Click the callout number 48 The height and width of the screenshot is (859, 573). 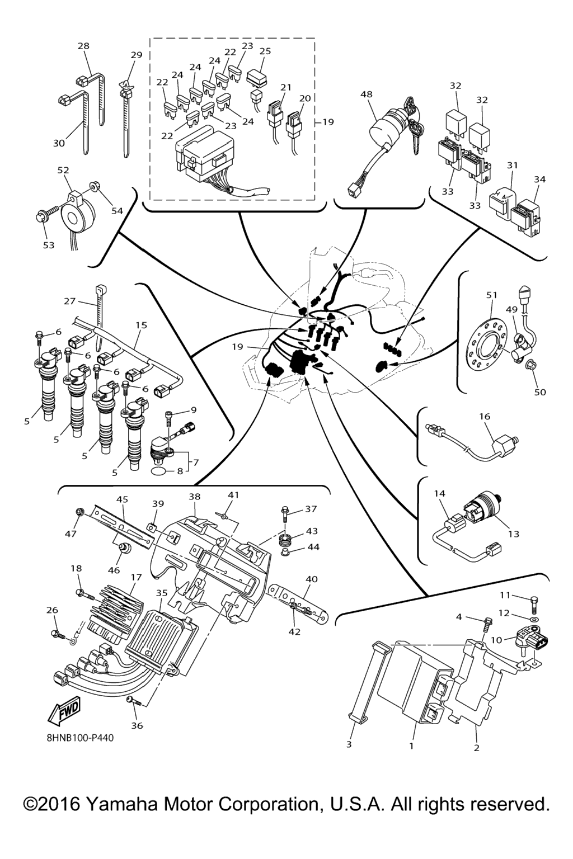point(367,95)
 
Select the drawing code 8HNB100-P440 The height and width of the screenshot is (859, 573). point(80,738)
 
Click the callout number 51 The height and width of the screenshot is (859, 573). point(491,295)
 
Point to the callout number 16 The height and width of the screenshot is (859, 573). point(484,416)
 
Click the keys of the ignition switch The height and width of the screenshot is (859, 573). point(415,120)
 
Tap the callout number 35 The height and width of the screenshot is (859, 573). point(162,592)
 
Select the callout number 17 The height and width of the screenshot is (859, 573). point(136,577)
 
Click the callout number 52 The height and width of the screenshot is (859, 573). point(63,170)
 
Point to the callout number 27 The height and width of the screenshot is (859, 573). point(69,301)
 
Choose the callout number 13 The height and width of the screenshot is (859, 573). point(514,534)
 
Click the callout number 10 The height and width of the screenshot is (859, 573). point(496,639)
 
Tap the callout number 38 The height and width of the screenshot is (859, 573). point(194,497)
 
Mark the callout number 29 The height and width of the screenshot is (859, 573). point(137,55)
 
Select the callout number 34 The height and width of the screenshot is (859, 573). point(539,180)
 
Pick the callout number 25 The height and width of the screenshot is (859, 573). point(265,51)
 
